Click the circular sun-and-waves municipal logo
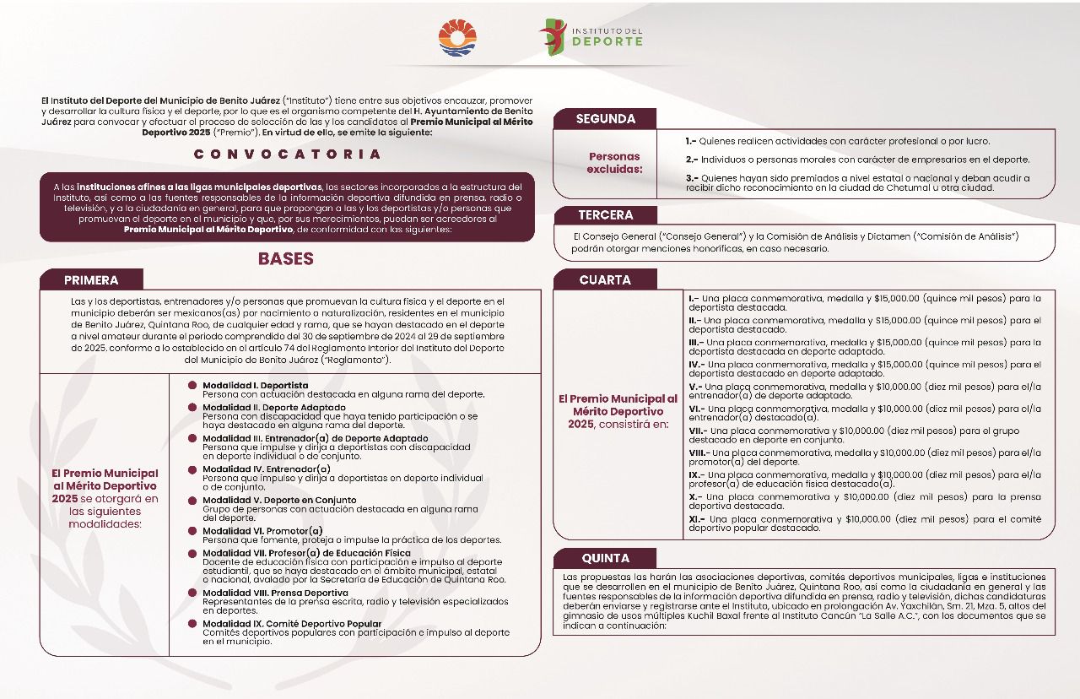458,38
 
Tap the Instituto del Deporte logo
591,37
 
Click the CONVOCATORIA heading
287,154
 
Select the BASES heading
285,259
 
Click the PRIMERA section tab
91,280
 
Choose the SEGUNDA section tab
605,119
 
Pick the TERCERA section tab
605,215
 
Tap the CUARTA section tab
605,280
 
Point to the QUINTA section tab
605,558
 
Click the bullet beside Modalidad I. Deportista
193,386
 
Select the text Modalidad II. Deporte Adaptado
273,407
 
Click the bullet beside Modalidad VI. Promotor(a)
193,531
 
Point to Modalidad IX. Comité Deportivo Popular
292,624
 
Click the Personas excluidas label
614,163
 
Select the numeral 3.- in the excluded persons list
690,178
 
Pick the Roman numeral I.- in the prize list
692,298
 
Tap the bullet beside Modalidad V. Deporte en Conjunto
193,501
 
